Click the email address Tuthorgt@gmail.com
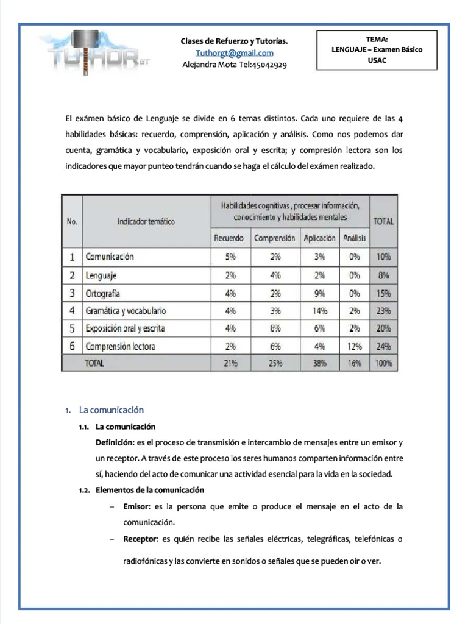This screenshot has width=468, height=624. [235, 53]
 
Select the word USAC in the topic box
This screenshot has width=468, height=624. [377, 61]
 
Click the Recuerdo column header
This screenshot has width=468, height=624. [229, 238]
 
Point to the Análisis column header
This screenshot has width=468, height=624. [353, 238]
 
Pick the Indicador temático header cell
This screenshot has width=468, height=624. [146, 221]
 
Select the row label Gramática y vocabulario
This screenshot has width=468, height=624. [126, 311]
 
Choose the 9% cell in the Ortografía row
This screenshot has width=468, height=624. [319, 293]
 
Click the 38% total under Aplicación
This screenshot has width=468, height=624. [319, 363]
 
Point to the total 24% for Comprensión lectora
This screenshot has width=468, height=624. [383, 346]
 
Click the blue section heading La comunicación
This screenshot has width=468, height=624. [112, 409]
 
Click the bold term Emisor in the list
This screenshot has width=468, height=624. [135, 506]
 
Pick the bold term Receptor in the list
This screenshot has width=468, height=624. [139, 539]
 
